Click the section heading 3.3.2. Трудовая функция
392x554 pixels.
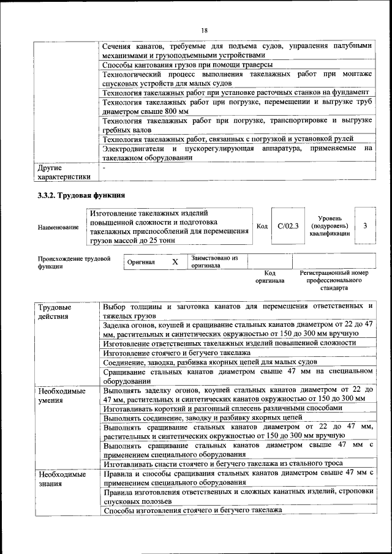(81, 196)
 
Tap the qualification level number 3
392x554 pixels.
(365, 226)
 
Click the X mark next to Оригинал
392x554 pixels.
(175, 262)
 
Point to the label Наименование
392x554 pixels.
(58, 228)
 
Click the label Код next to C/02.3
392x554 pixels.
(262, 226)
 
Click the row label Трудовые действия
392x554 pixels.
(54, 311)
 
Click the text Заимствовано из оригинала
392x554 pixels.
(214, 262)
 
